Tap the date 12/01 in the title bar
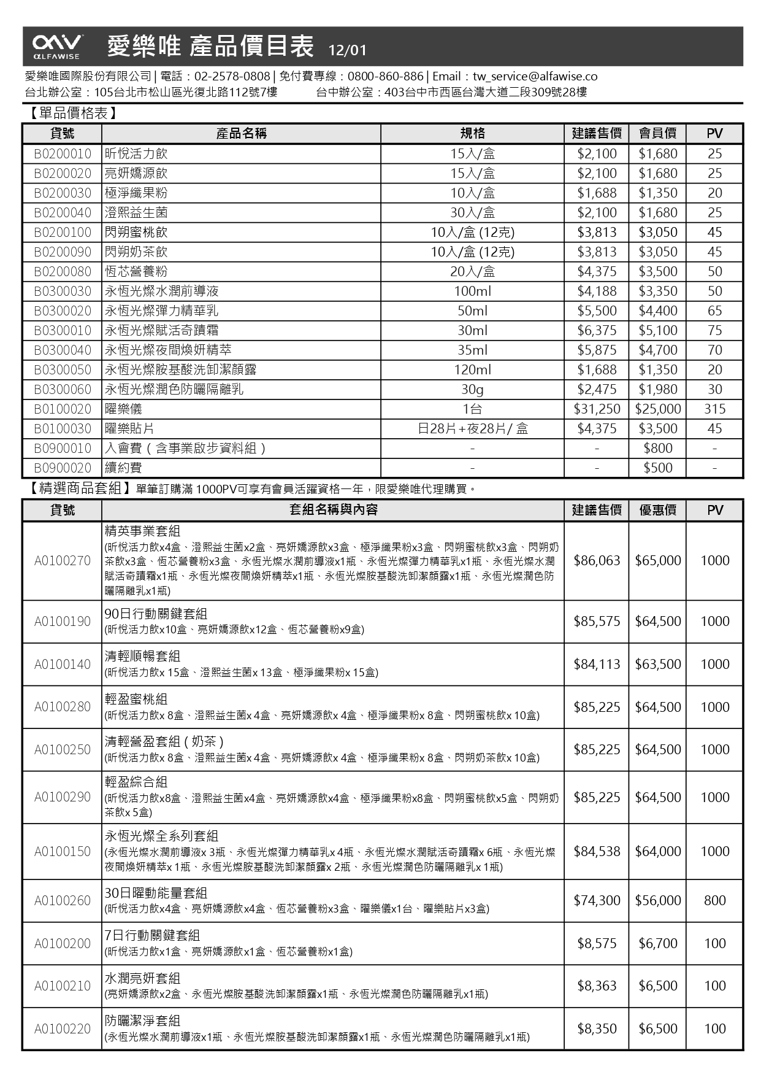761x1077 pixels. click(347, 50)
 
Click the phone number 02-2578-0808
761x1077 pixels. click(232, 76)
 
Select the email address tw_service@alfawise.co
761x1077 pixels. click(535, 76)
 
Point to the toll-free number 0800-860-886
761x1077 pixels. click(385, 76)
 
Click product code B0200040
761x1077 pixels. click(63, 212)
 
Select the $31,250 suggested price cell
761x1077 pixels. click(597, 409)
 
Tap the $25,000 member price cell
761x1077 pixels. click(658, 409)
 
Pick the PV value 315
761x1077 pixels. click(714, 409)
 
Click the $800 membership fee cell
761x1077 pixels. click(658, 448)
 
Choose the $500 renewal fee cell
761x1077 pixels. click(658, 468)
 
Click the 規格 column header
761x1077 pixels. click(472, 133)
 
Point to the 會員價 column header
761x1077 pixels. click(658, 133)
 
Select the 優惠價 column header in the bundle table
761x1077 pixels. click(658, 510)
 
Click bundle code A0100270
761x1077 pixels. click(63, 560)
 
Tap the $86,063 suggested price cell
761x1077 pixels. click(597, 560)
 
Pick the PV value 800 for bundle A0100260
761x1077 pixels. click(714, 900)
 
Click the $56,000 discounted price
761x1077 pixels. click(658, 900)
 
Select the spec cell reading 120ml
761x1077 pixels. click(472, 369)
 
